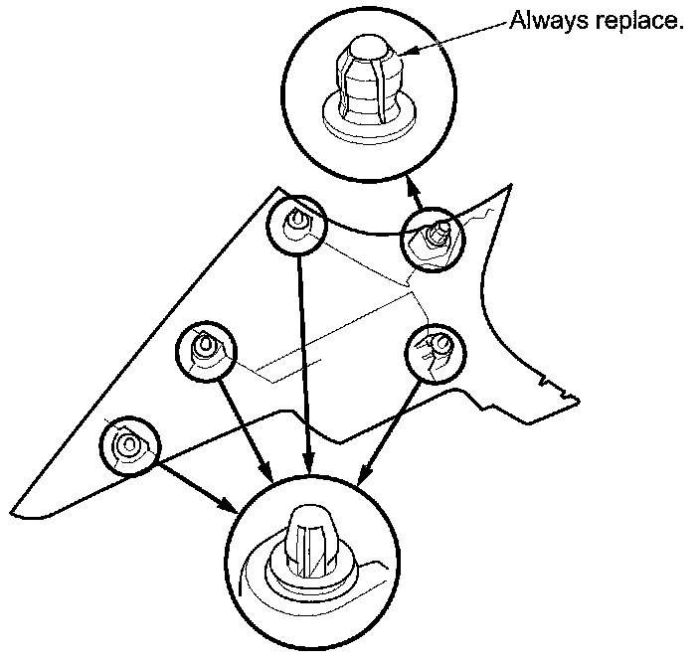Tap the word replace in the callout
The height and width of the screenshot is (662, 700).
point(635,21)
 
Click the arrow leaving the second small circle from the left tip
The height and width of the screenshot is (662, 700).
point(249,422)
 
